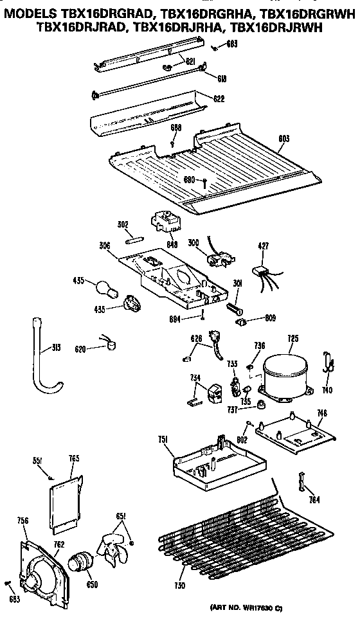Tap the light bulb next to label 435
coord(105,287)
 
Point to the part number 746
coord(322,413)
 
